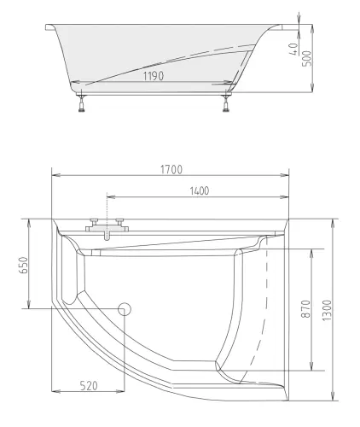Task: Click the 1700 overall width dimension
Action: coord(171,168)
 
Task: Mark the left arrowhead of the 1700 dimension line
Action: coord(55,176)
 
